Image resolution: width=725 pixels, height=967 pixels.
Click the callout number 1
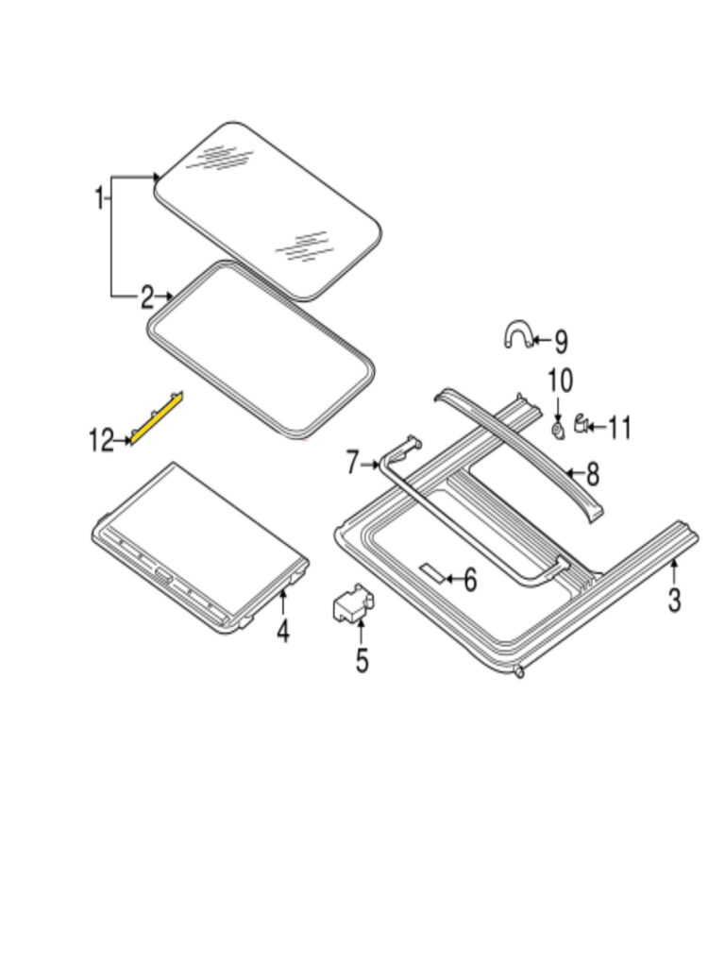(x=99, y=198)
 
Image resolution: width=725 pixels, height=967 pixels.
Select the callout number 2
(x=146, y=297)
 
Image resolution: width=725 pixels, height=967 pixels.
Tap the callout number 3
(x=674, y=600)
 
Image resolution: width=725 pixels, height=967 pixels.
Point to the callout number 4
(x=283, y=632)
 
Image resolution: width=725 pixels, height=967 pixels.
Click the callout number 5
(x=362, y=660)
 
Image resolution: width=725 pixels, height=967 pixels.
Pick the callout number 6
(x=470, y=580)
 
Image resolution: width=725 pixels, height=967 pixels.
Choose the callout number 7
(x=352, y=463)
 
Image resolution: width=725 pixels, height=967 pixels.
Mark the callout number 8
(x=592, y=474)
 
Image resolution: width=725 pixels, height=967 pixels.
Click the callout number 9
(x=561, y=342)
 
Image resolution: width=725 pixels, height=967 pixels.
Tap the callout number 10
(x=561, y=382)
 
